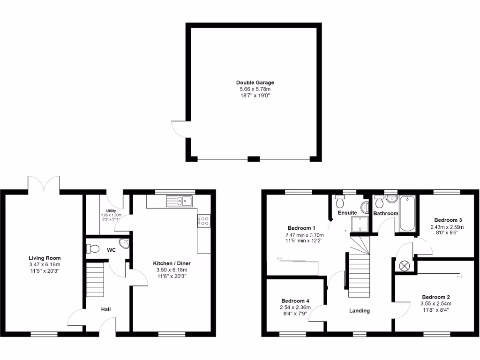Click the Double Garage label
[x=255, y=82]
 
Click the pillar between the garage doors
[x=254, y=159]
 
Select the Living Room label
[x=45, y=258]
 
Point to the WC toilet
[x=92, y=249]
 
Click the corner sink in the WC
[x=124, y=244]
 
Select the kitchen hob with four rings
[x=204, y=220]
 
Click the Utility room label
[x=111, y=211]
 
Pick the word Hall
[x=106, y=309]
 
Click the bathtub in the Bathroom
[x=407, y=214]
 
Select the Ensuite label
[x=347, y=213]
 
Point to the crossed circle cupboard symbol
[x=404, y=265]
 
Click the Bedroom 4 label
[x=295, y=301]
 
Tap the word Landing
[x=360, y=310]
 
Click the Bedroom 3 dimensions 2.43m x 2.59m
[x=448, y=226]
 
